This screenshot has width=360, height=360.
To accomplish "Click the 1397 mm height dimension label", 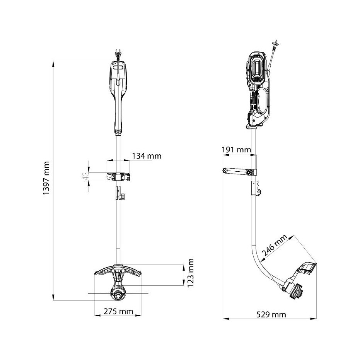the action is click(46, 178).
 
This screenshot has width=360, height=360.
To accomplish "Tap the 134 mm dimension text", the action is click(147, 156).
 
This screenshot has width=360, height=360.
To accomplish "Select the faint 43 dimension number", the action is click(85, 176).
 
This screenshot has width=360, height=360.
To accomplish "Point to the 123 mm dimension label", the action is click(191, 273).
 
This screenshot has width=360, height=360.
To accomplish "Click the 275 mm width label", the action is click(118, 312).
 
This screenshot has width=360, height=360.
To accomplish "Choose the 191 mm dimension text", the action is click(237, 150).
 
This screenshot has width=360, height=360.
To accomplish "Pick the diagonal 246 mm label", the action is click(275, 246).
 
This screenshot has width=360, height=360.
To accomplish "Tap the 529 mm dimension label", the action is click(271, 314).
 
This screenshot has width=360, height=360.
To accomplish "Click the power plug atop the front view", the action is click(118, 55).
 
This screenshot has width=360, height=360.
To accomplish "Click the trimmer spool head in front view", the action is click(118, 293).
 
